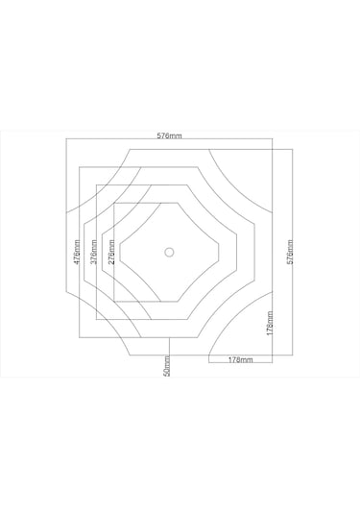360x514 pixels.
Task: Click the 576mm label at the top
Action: point(169,136)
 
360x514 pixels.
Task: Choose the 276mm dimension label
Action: point(111,253)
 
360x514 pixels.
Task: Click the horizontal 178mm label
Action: point(240,359)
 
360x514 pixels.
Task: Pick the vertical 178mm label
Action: point(271,327)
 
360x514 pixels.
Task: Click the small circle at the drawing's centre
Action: point(169,253)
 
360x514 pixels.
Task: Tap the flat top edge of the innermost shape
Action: point(169,206)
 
